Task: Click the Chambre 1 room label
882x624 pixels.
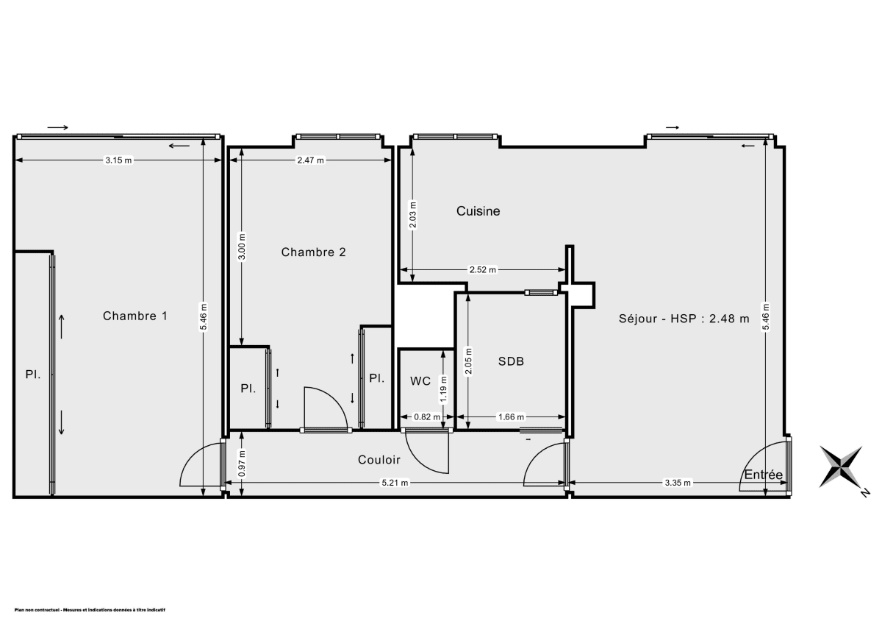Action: click(135, 316)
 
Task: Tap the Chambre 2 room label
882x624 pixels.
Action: click(314, 252)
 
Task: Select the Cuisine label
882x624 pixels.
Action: click(478, 211)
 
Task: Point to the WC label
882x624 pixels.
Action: click(420, 380)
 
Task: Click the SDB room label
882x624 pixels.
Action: click(511, 361)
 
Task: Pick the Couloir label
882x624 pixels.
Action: click(379, 460)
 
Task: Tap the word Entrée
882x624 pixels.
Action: click(763, 475)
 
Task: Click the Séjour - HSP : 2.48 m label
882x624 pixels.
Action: click(684, 319)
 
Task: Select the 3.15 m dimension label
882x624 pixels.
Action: click(118, 160)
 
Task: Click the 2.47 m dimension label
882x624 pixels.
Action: click(310, 160)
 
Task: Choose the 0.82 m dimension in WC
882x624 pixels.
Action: click(427, 417)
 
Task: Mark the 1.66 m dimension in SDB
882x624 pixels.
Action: click(511, 417)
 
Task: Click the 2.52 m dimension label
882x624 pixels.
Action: click(482, 270)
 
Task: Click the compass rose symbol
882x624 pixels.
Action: click(843, 467)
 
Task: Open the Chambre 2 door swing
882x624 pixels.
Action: click(325, 408)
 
